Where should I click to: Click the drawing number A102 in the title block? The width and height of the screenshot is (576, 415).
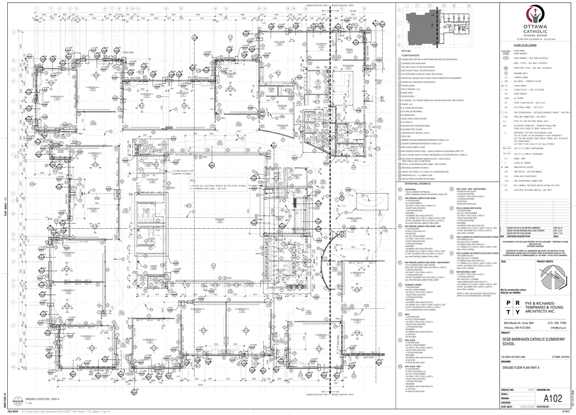[x=553, y=398]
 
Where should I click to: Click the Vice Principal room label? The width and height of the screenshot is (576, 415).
[x=321, y=45]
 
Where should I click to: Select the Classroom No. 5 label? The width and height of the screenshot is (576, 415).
[x=57, y=97]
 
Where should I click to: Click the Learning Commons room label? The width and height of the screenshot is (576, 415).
[x=355, y=219]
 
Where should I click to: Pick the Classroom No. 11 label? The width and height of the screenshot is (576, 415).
[x=149, y=340]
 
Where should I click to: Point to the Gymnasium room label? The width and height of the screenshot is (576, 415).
[x=220, y=220]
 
